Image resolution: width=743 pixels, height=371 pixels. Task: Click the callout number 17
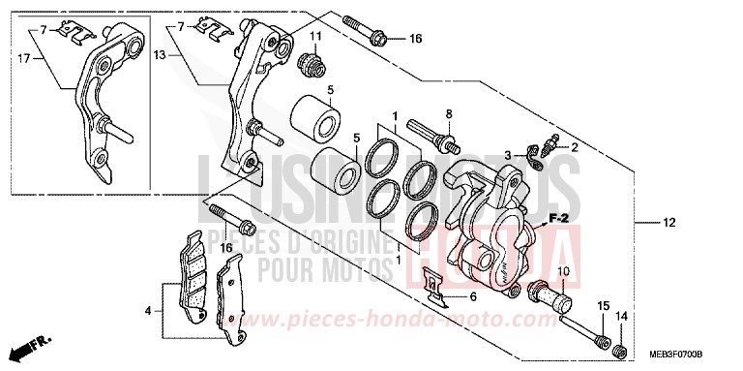22,59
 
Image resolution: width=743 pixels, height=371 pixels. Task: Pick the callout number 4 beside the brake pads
149,312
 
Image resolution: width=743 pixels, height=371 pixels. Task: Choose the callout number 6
473,298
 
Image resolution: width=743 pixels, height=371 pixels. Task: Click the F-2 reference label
556,219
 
